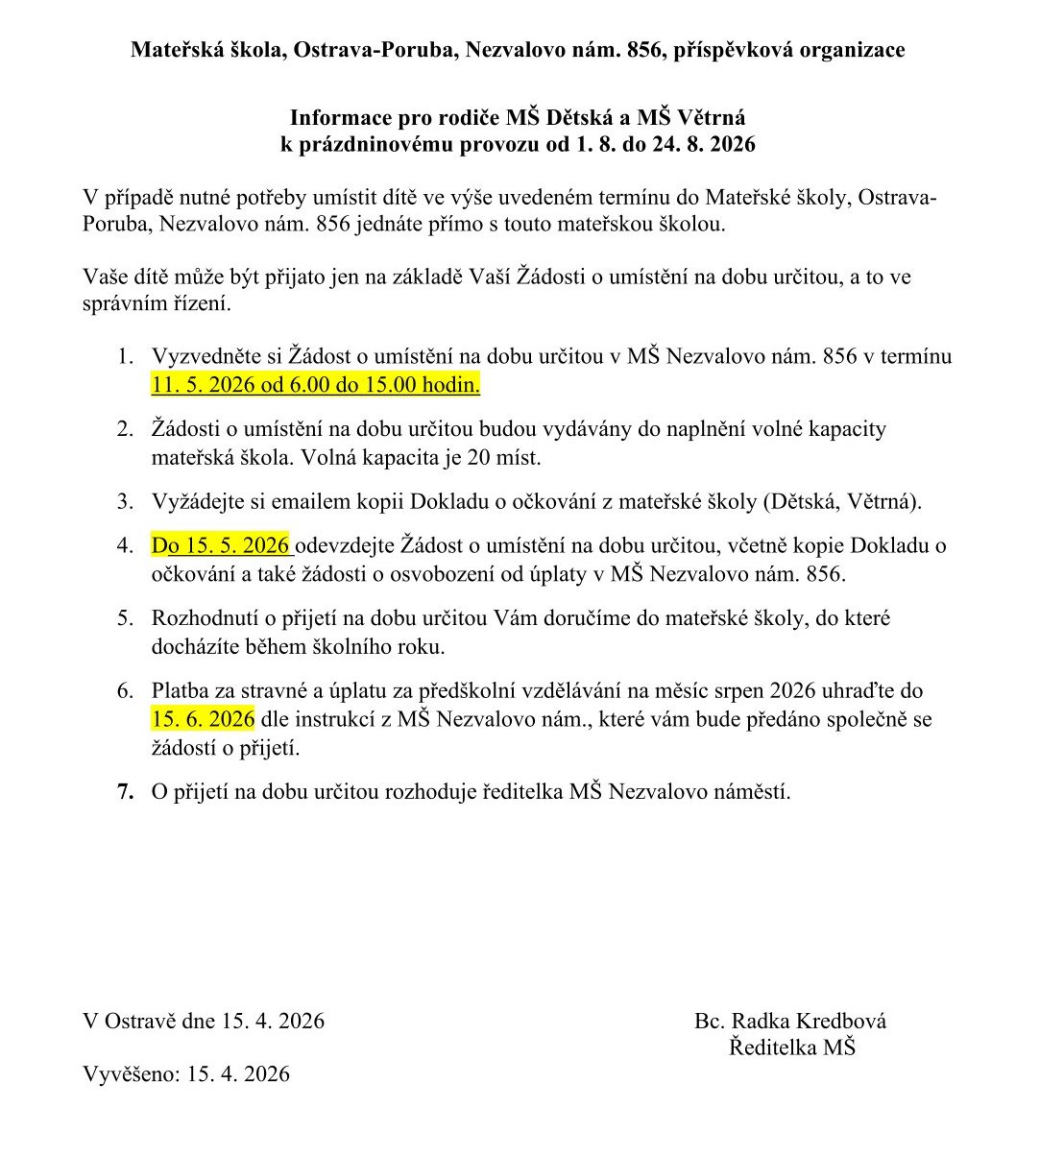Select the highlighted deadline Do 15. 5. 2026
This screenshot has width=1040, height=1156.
[221, 545]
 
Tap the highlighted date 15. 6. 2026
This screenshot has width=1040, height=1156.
[203, 719]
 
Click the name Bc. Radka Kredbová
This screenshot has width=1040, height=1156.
[790, 1021]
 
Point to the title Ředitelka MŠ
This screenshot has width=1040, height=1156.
[791, 1047]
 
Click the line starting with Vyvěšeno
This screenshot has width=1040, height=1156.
[186, 1073]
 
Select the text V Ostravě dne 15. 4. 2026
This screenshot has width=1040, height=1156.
[204, 1021]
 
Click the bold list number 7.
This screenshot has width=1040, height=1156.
[125, 792]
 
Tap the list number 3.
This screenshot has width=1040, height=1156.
[125, 501]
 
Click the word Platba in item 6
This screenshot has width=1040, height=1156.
[181, 690]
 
